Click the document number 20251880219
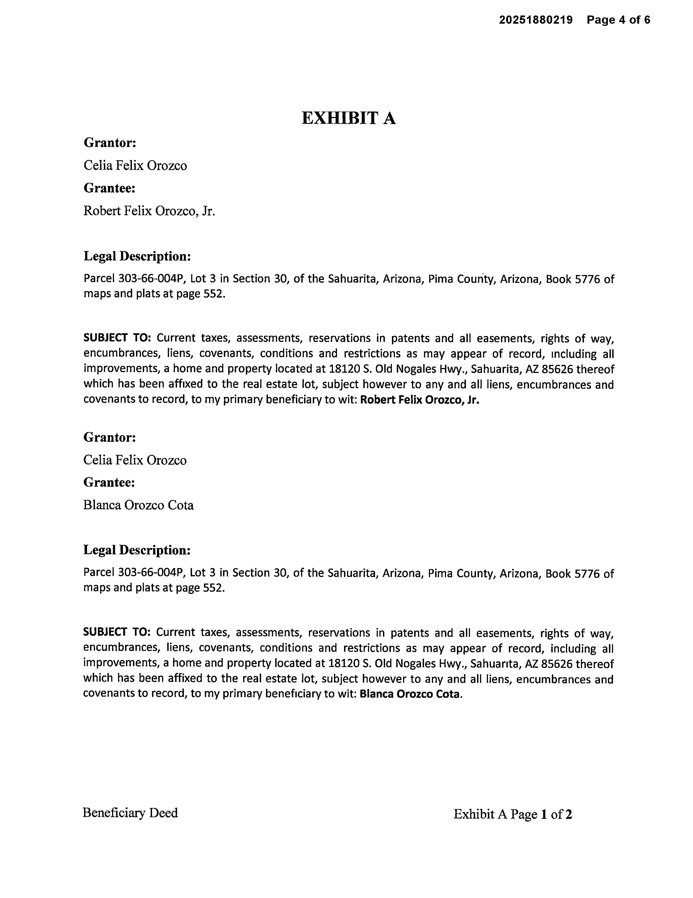click(x=536, y=20)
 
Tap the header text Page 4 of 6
click(x=618, y=20)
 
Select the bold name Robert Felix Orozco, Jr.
click(x=420, y=400)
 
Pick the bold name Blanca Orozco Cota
click(x=409, y=694)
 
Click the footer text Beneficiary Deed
click(x=130, y=813)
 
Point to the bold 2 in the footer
click(x=568, y=814)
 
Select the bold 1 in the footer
click(x=544, y=814)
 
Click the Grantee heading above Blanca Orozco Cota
click(x=109, y=482)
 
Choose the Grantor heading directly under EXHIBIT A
click(x=110, y=143)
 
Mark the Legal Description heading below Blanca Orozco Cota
click(x=137, y=550)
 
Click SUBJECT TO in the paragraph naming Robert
click(x=117, y=338)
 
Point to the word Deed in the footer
click(x=163, y=813)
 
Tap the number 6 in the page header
click(x=647, y=20)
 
